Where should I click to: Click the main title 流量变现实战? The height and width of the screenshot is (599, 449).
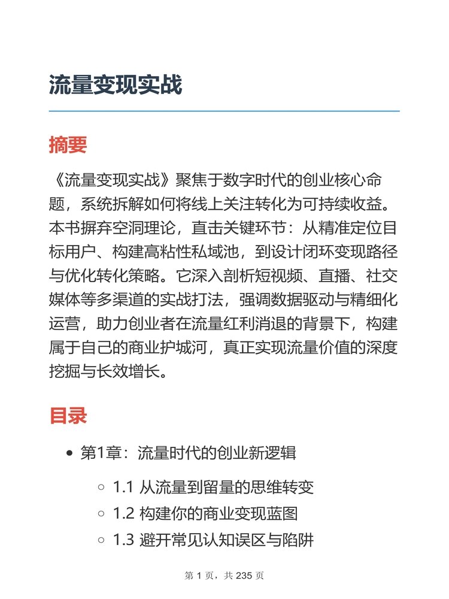coord(116,85)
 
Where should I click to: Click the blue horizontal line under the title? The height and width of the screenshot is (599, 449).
coord(224,111)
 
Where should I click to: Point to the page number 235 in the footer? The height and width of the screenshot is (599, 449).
coord(246,576)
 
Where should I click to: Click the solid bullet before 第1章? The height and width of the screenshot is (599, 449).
coord(71,453)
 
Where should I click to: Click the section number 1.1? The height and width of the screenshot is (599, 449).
coord(123,488)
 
